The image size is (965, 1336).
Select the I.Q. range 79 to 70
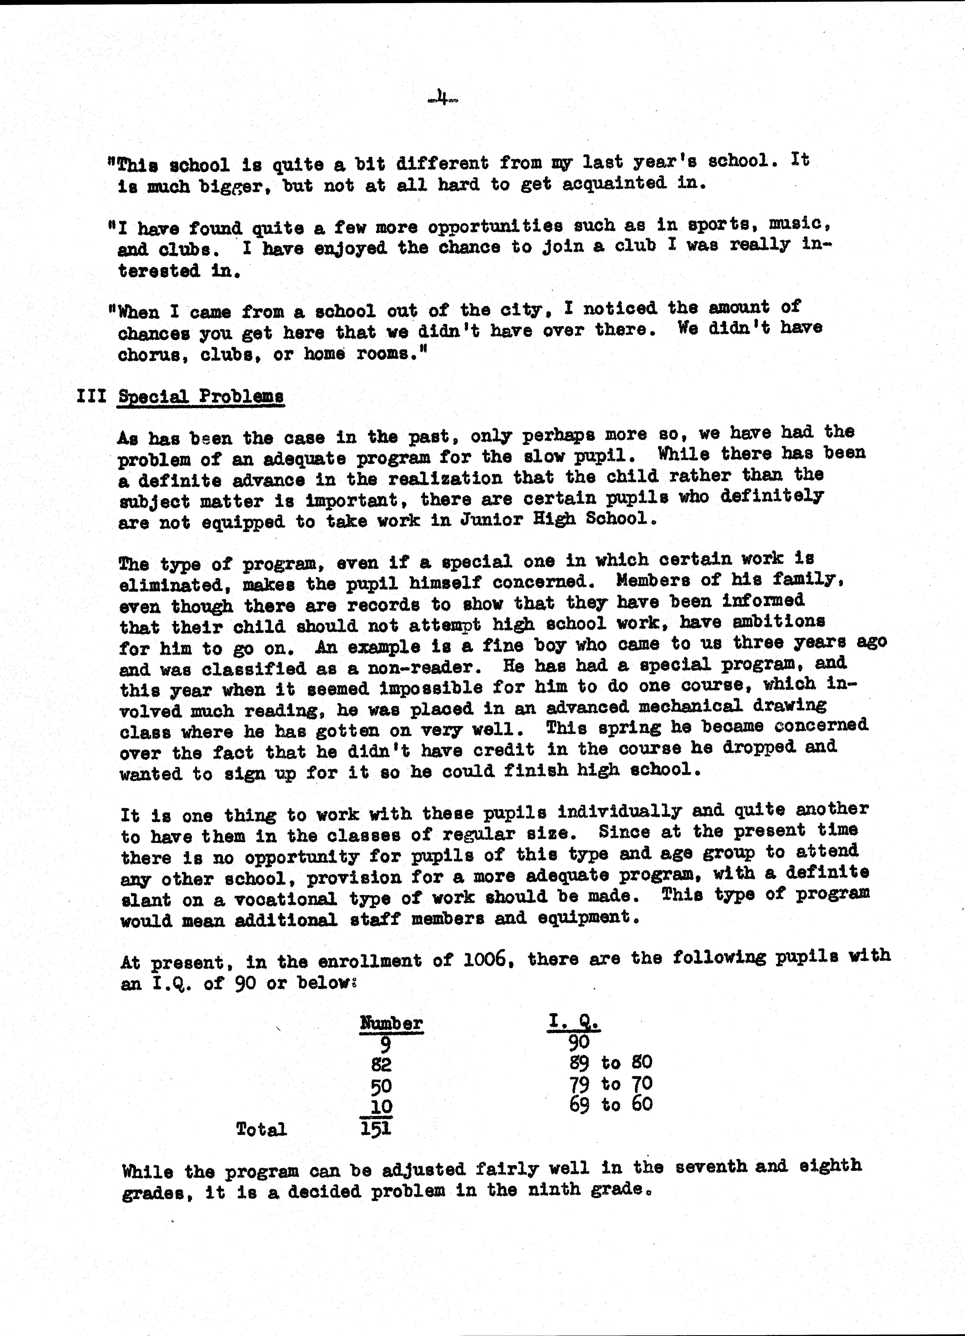pos(611,1084)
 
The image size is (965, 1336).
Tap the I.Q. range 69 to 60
pos(611,1104)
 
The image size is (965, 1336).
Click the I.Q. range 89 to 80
pos(611,1063)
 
